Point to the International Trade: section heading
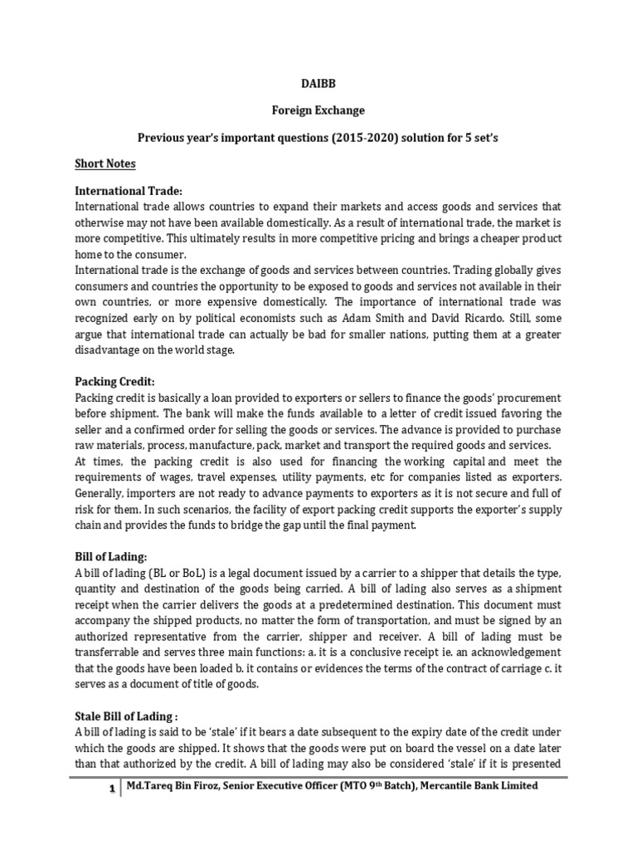pos(129,191)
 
